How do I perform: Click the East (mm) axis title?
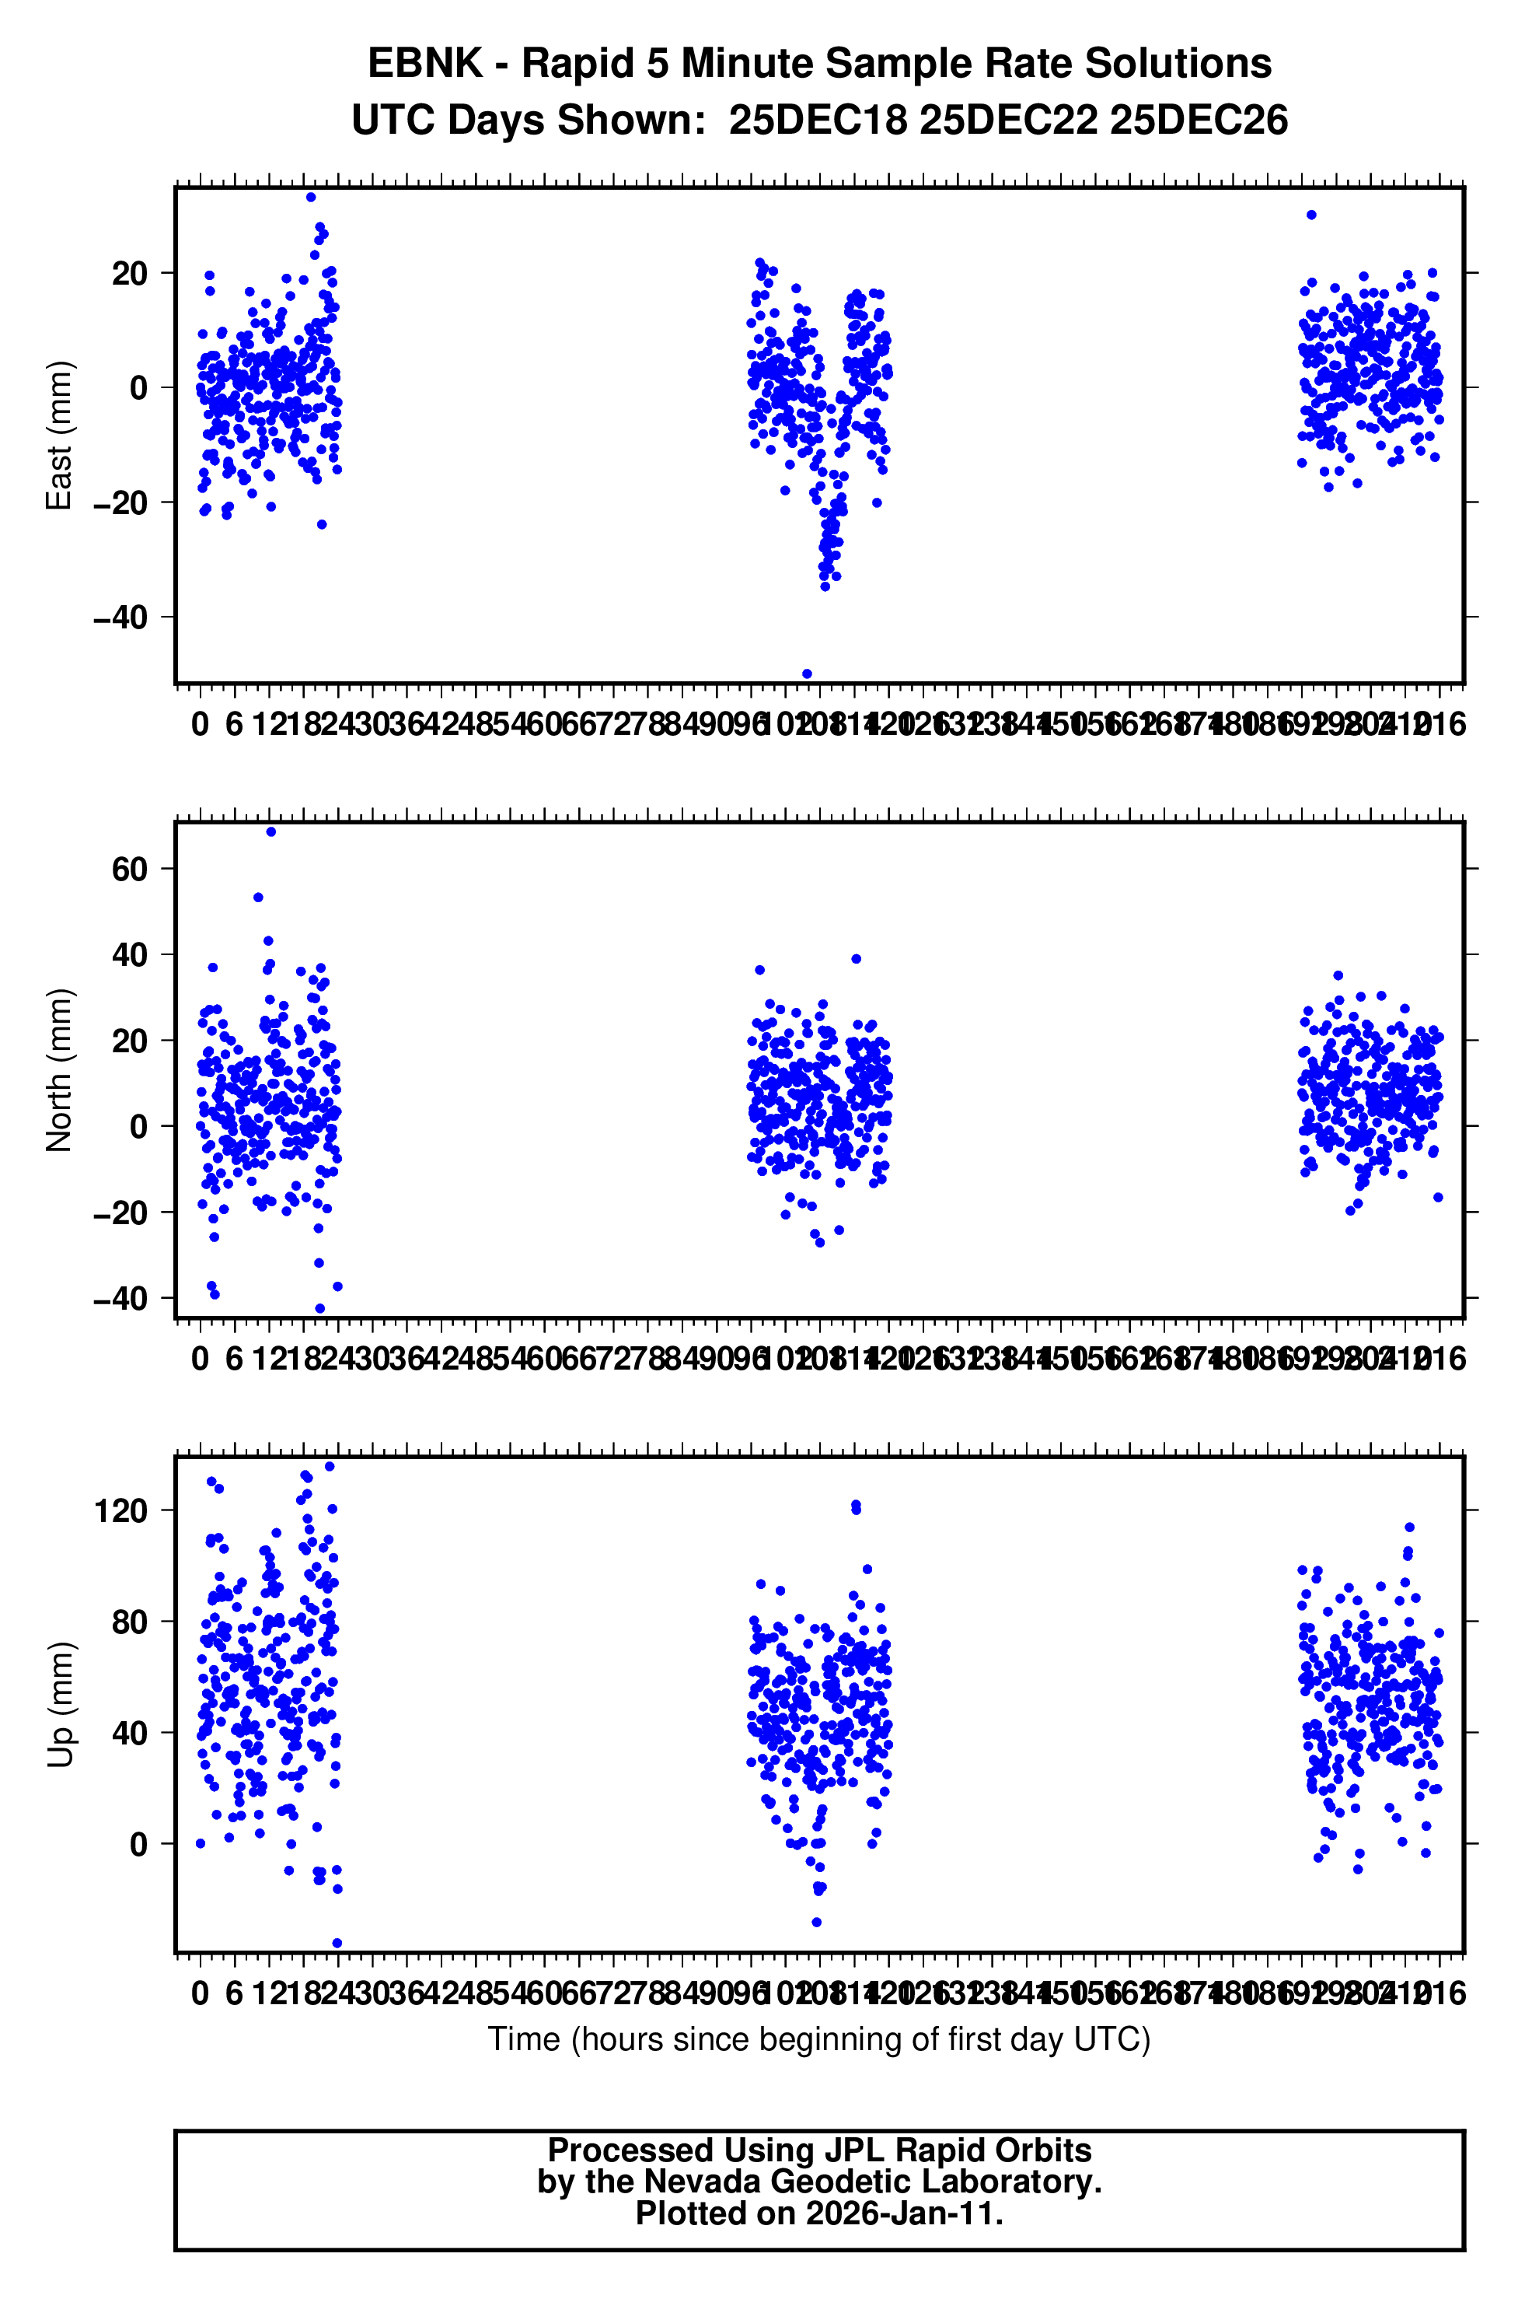pyautogui.click(x=59, y=435)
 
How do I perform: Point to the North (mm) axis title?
pyautogui.click(x=59, y=1070)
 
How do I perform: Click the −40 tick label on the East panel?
pyautogui.click(x=120, y=618)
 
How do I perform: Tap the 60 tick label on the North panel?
pyautogui.click(x=129, y=869)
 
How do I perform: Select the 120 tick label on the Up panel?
pyautogui.click(x=120, y=1511)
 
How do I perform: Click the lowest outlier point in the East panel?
pyautogui.click(x=806, y=674)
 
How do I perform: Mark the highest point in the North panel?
pyautogui.click(x=270, y=832)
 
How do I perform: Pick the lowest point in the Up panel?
pyautogui.click(x=337, y=1944)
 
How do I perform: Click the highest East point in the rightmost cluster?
pyautogui.click(x=1311, y=215)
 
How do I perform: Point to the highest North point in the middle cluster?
pyautogui.click(x=856, y=959)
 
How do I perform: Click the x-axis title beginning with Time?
pyautogui.click(x=819, y=2039)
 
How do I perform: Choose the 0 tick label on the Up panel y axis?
pyautogui.click(x=138, y=1845)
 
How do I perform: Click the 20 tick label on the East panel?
pyautogui.click(x=129, y=274)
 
